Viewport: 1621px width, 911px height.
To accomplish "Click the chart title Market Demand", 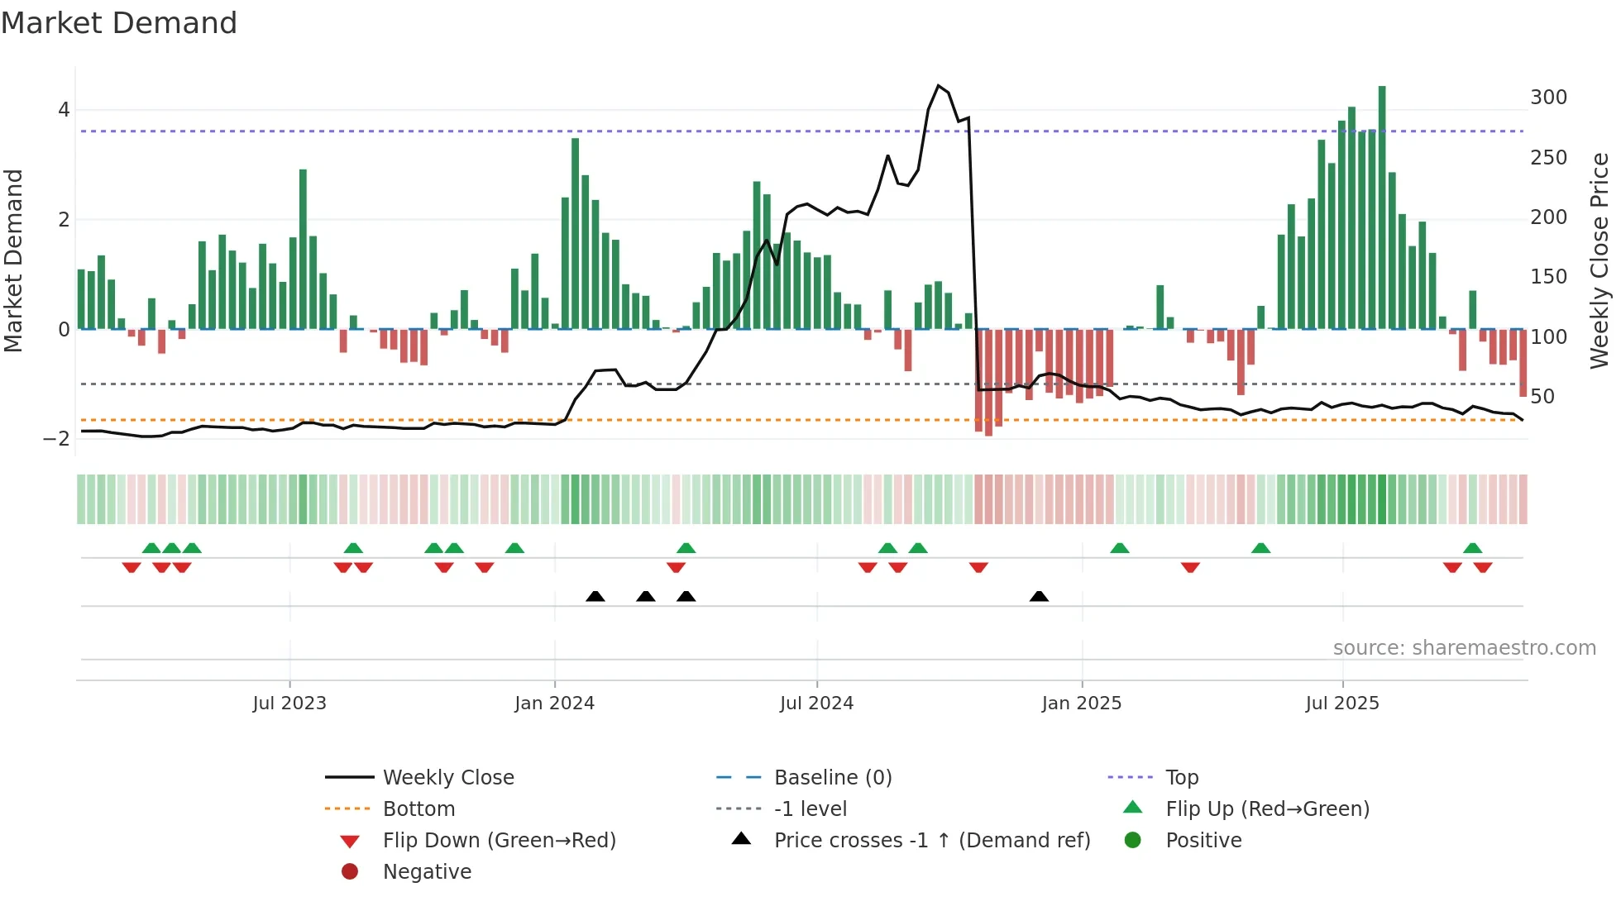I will (x=119, y=23).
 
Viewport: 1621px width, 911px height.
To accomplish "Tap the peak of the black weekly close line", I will (x=938, y=86).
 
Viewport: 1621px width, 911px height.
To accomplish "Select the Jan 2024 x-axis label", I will (x=554, y=704).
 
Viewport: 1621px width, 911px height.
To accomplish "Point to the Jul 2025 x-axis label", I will (x=1342, y=704).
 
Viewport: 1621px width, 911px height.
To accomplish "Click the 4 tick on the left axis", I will (x=64, y=110).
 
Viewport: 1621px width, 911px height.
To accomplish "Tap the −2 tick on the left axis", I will (x=57, y=439).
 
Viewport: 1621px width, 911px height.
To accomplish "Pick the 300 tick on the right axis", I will (x=1548, y=98).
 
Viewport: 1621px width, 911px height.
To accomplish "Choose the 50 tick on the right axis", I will (x=1542, y=397).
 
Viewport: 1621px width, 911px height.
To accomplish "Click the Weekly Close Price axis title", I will (x=1599, y=260).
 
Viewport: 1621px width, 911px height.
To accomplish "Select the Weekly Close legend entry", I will (x=447, y=778).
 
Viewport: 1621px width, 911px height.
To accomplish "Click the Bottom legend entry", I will (x=418, y=809).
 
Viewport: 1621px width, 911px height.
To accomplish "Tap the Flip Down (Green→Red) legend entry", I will (x=499, y=841).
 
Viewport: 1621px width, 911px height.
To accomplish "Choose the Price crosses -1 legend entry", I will (x=931, y=841).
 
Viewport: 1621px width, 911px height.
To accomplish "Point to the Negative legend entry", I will (x=427, y=872).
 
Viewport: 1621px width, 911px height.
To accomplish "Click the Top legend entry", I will (x=1182, y=778).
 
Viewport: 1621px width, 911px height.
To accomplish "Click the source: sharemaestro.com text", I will (x=1464, y=648).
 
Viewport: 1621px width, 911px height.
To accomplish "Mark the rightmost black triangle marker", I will (x=1039, y=597).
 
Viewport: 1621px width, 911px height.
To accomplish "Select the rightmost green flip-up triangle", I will (x=1472, y=548).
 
